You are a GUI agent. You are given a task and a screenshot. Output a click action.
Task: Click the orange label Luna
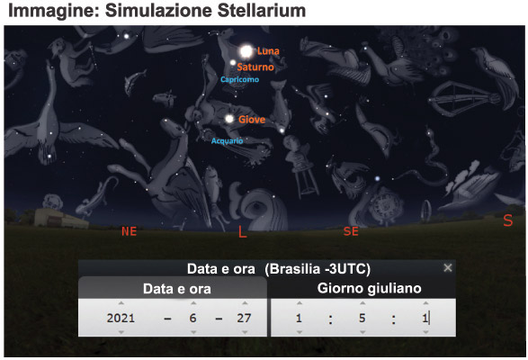click(268, 51)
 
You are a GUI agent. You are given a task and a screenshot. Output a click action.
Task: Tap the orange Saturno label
click(255, 67)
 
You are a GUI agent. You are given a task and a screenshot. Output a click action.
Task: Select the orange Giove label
click(252, 120)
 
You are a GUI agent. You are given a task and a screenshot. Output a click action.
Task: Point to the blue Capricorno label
click(240, 79)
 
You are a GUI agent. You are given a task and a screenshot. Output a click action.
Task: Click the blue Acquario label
click(227, 140)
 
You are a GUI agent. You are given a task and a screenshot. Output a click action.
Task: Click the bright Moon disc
click(246, 51)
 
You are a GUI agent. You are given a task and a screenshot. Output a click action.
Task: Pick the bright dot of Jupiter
click(229, 119)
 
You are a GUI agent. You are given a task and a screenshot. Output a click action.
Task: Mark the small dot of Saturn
click(233, 62)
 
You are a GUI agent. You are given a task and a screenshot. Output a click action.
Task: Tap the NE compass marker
click(129, 231)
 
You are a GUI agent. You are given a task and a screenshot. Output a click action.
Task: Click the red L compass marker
click(242, 231)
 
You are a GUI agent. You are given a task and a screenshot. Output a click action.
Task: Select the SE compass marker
click(351, 231)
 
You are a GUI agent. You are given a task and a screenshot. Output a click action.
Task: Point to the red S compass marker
click(508, 220)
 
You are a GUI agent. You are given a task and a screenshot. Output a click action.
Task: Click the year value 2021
click(121, 318)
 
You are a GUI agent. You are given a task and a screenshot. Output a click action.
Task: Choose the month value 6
click(192, 318)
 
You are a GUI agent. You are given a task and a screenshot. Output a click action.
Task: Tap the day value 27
click(244, 318)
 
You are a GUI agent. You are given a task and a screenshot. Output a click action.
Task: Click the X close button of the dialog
click(448, 267)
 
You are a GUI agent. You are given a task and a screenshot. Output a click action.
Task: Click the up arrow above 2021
click(121, 303)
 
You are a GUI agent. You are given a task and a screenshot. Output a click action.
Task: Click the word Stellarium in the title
click(262, 11)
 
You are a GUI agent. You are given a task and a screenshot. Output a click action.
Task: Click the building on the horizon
click(60, 218)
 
